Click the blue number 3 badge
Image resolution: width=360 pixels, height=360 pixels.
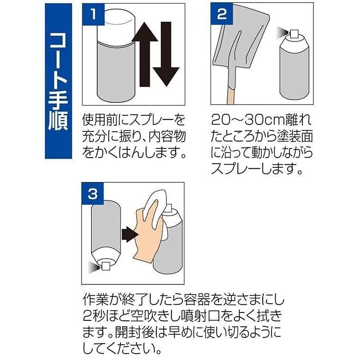93,194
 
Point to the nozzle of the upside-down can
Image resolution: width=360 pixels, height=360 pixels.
105,266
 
